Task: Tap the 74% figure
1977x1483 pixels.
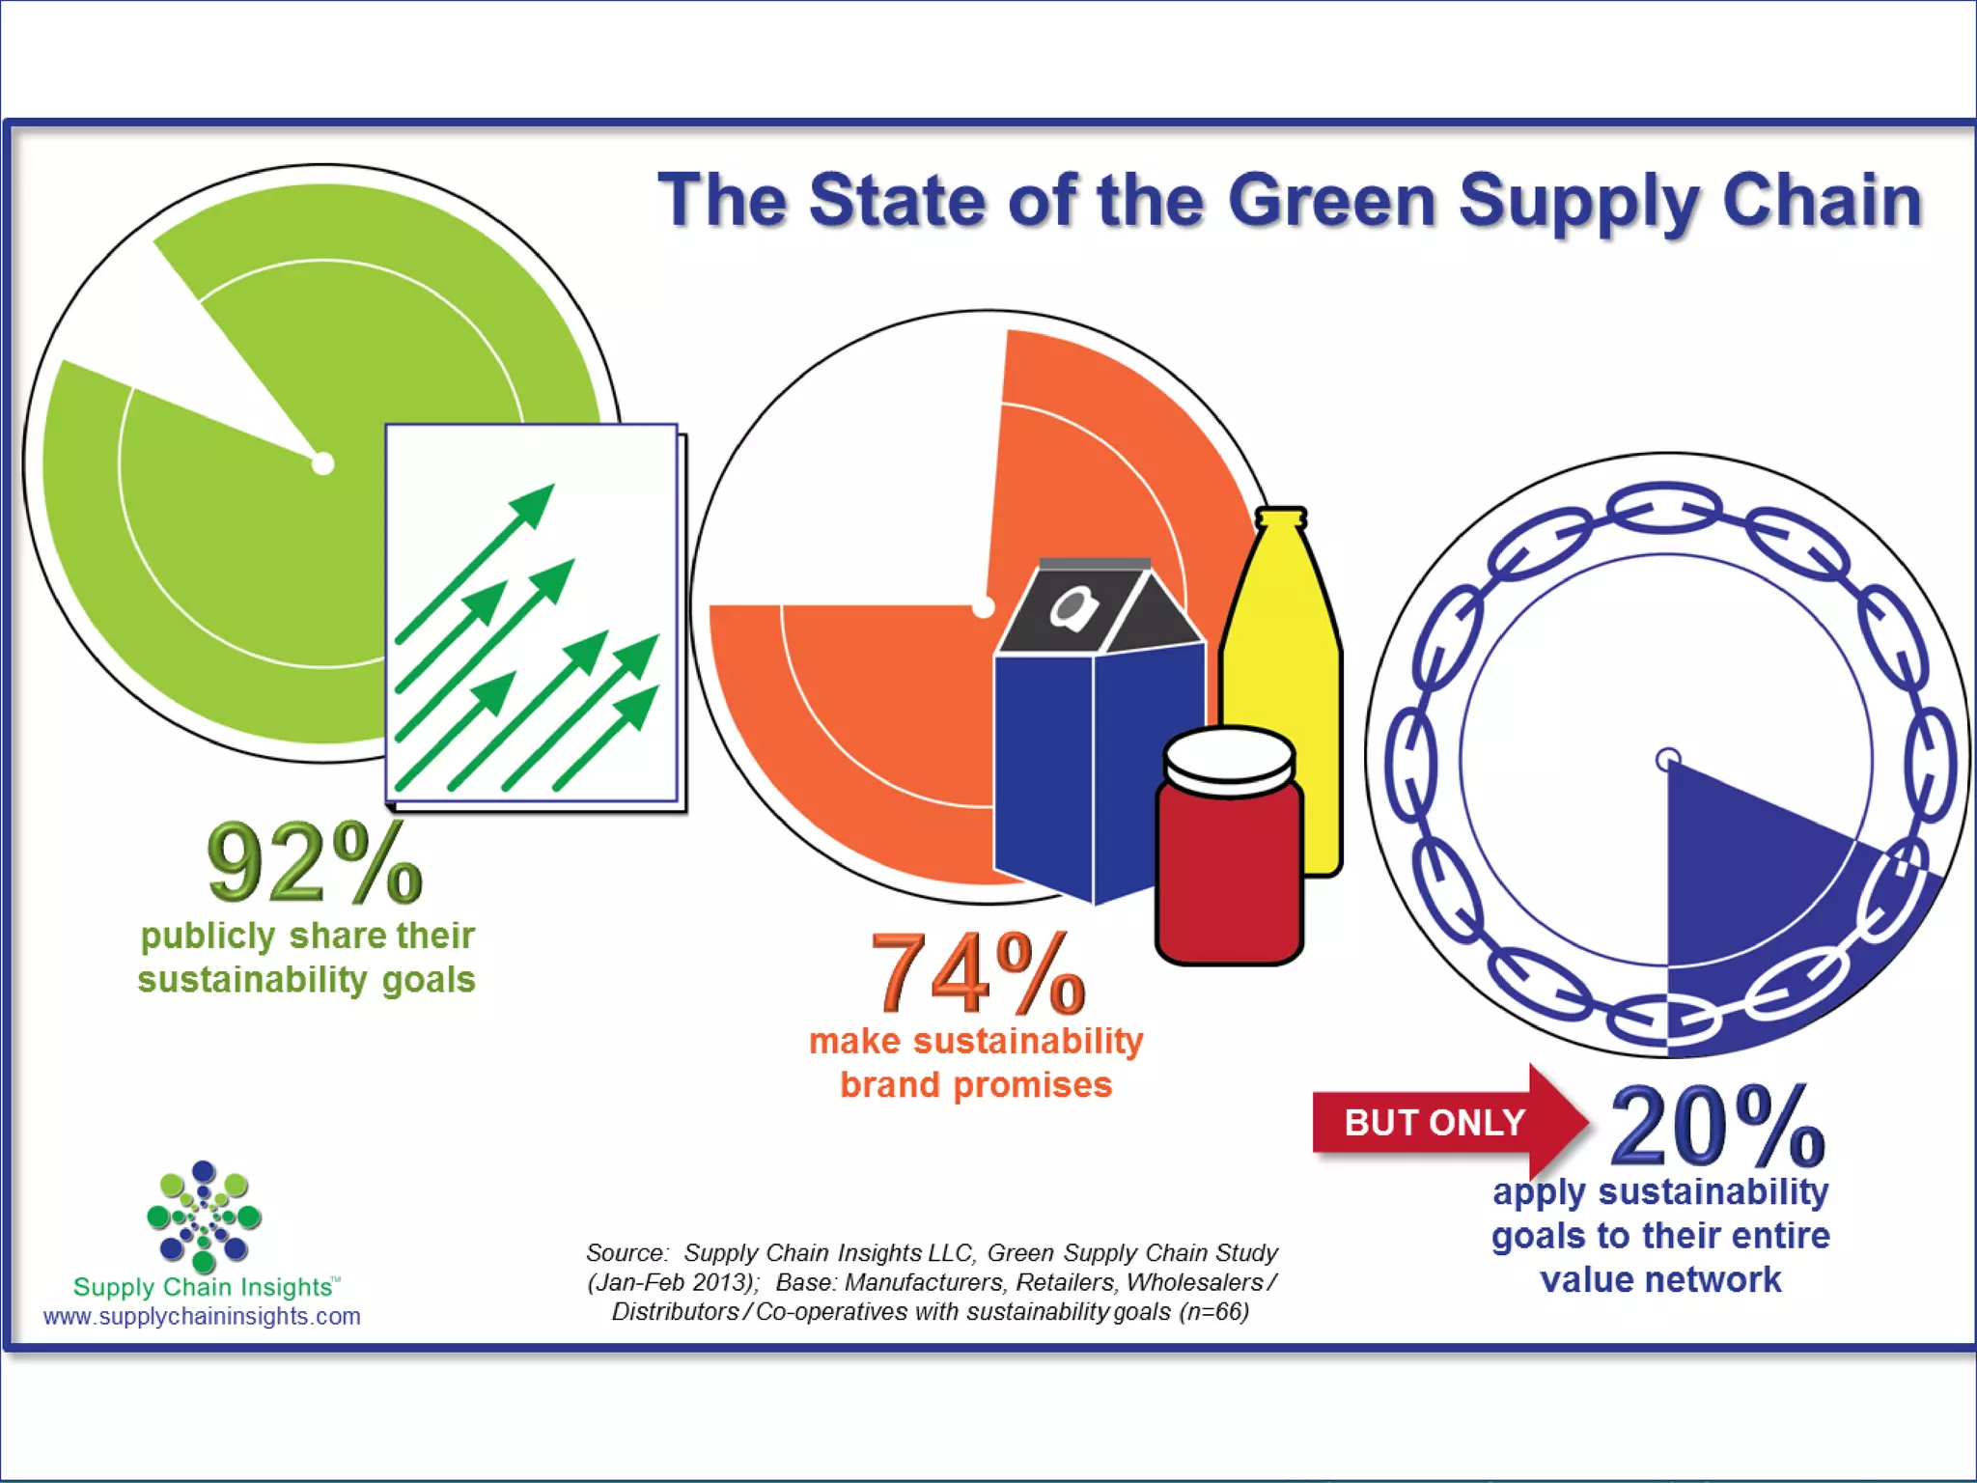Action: pyautogui.click(x=977, y=973)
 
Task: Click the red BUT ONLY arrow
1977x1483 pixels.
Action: pyautogui.click(x=1448, y=1122)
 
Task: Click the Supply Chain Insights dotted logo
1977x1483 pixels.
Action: pyautogui.click(x=204, y=1216)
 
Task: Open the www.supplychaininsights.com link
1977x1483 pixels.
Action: pyautogui.click(x=202, y=1316)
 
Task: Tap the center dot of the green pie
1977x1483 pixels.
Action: pyautogui.click(x=323, y=463)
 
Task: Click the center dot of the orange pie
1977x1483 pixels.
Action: pyautogui.click(x=983, y=606)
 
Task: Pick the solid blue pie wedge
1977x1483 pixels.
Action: pyautogui.click(x=1738, y=888)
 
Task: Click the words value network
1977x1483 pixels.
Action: pyautogui.click(x=1660, y=1280)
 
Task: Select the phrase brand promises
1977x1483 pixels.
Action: pyautogui.click(x=976, y=1085)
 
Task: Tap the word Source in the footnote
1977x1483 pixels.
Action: pyautogui.click(x=626, y=1253)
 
